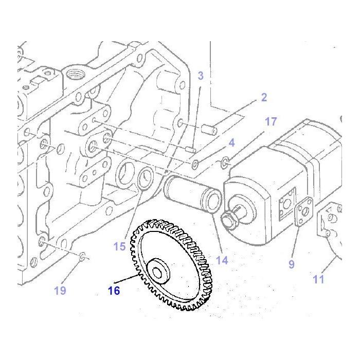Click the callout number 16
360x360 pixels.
pyautogui.click(x=114, y=291)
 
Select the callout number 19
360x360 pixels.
pyautogui.click(x=60, y=291)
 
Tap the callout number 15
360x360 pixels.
pyautogui.click(x=119, y=246)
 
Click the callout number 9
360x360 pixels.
pyautogui.click(x=292, y=264)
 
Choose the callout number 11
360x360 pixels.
pyautogui.click(x=318, y=279)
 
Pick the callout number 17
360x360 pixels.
pyautogui.click(x=271, y=121)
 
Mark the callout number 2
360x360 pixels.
pyautogui.click(x=264, y=97)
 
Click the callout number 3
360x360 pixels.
pyautogui.click(x=200, y=76)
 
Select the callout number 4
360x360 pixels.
pyautogui.click(x=232, y=142)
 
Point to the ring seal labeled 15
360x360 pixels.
pyautogui.click(x=145, y=180)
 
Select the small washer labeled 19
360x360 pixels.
pyautogui.click(x=82, y=255)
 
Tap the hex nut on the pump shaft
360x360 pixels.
pyautogui.click(x=228, y=221)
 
